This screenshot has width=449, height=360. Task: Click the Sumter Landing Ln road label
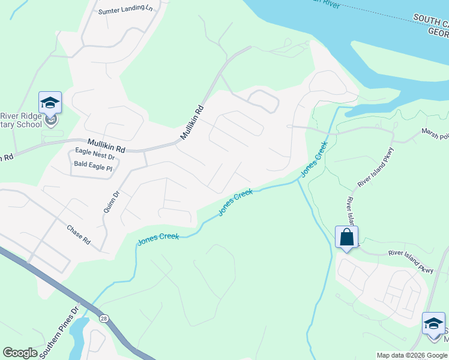coord(125,10)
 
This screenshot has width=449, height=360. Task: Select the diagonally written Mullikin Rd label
coord(193,123)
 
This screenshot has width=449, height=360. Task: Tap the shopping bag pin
coord(347,237)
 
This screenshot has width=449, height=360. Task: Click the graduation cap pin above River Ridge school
coord(50,103)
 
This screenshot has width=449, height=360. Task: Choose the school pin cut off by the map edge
coord(433,323)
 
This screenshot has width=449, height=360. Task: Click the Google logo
coord(20,353)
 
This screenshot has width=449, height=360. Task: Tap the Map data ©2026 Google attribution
coord(412,355)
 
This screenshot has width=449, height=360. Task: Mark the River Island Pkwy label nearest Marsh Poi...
coord(375,166)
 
